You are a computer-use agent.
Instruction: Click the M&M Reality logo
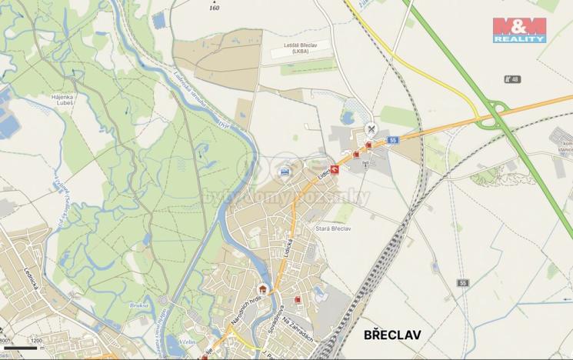pos(519,29)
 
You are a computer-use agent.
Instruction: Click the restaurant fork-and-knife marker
pos(371,129)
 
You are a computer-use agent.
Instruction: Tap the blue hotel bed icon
pos(286,171)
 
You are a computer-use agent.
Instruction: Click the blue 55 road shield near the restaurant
pos(392,141)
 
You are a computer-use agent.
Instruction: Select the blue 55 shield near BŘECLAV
pos(463,283)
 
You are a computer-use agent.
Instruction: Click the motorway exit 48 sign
pos(511,79)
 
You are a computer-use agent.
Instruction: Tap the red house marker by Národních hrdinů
pos(262,289)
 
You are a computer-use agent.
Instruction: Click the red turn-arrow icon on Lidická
pos(334,168)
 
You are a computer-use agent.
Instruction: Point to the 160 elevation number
pos(214,8)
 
